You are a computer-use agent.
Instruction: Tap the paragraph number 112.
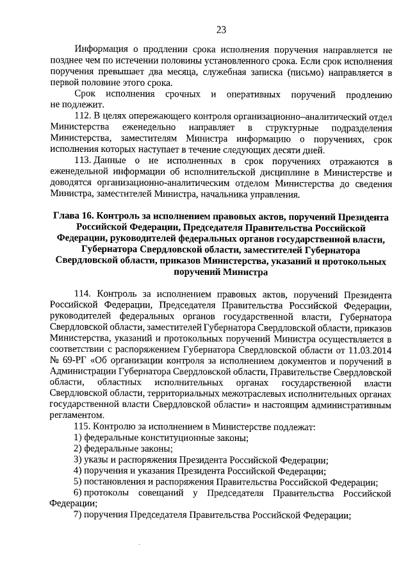pyautogui.click(x=83, y=115)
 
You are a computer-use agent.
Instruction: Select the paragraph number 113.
pyautogui.click(x=83, y=160)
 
